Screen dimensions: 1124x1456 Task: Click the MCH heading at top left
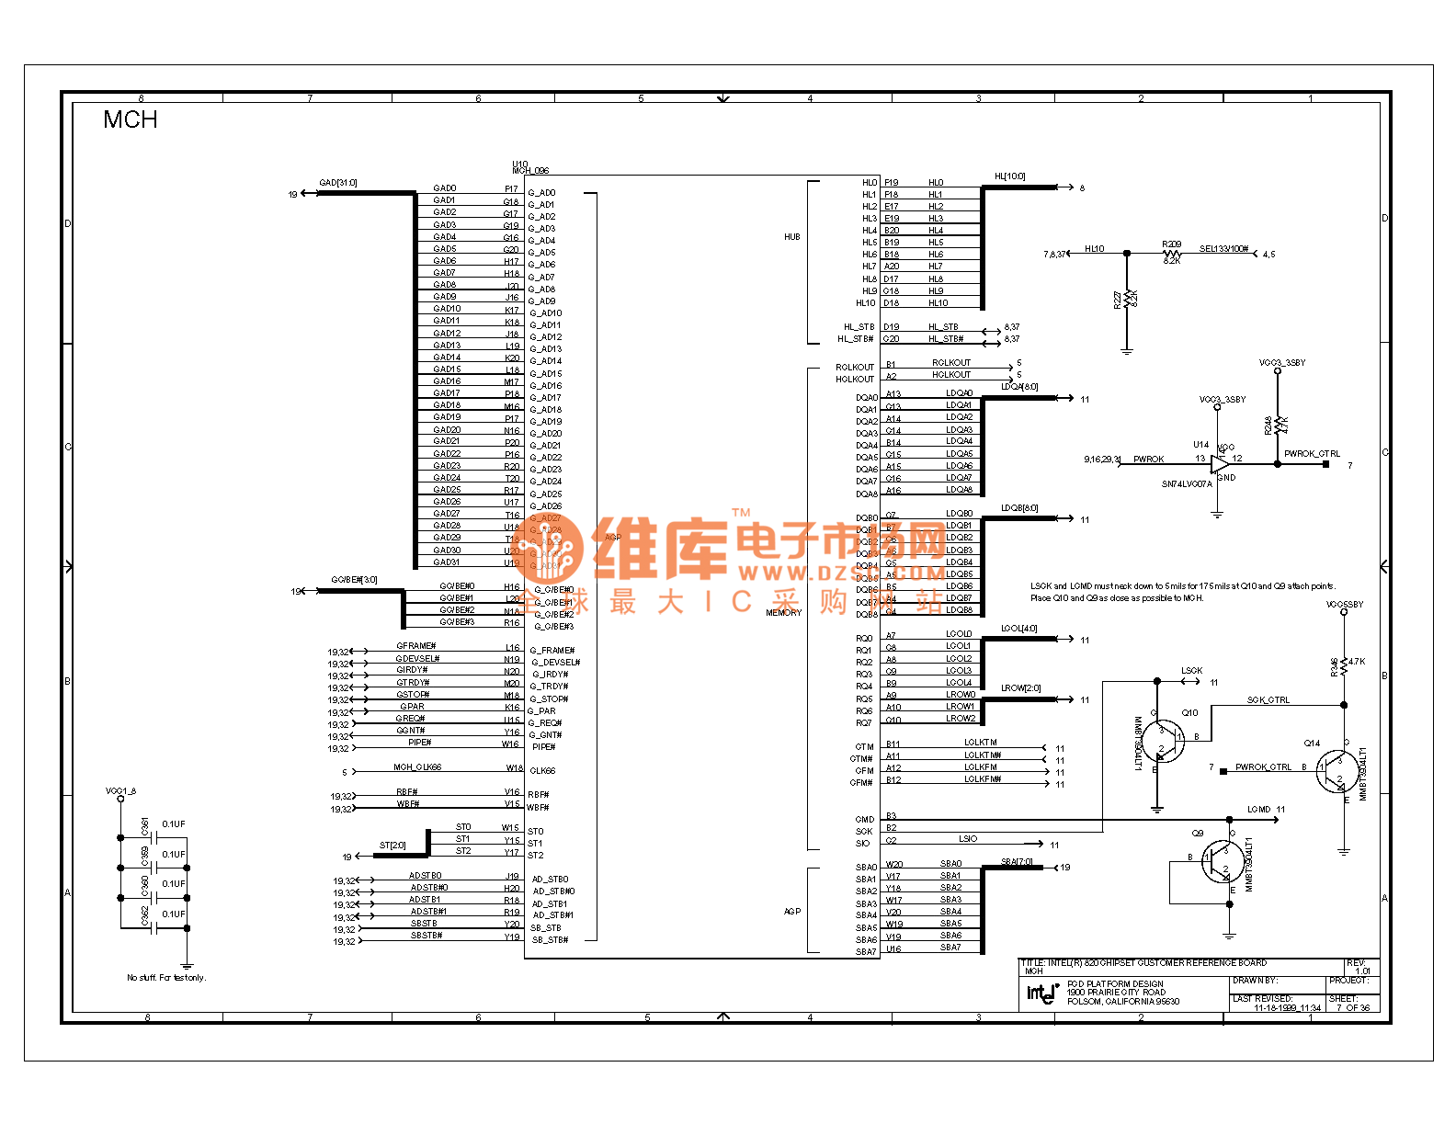130,119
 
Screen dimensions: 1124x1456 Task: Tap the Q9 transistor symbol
1223,862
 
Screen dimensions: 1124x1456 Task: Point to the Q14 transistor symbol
1335,770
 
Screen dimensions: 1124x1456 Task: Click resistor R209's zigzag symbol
1171,254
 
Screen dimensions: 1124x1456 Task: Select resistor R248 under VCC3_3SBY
1278,426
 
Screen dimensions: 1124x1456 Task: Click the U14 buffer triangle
1221,464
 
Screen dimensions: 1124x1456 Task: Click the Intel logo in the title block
1042,993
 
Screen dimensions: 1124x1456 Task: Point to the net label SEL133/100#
1223,249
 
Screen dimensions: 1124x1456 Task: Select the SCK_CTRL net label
1268,700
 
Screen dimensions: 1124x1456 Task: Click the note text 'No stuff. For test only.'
166,978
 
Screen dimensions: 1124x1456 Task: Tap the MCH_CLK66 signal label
417,767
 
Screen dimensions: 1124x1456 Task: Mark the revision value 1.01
1362,971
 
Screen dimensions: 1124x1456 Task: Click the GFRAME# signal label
415,646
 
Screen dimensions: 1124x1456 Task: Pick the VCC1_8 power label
120,790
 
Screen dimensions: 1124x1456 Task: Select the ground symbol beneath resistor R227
1127,350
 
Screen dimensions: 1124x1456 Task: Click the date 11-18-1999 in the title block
1287,1007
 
